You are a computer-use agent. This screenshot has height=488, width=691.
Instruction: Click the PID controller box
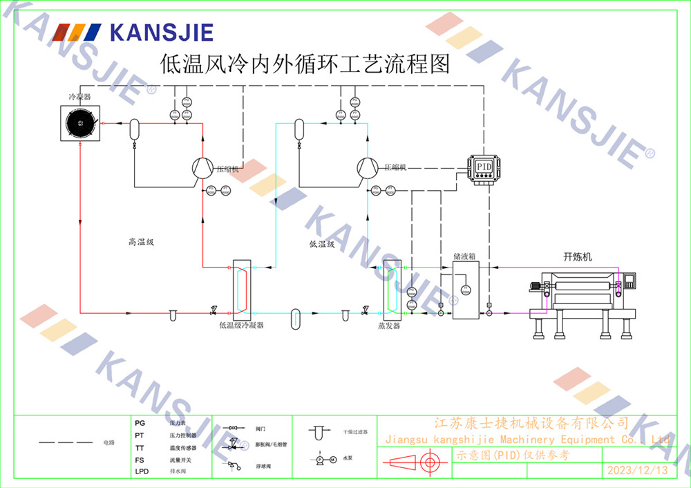pos(483,167)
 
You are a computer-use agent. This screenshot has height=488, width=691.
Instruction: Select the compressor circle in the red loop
pos(202,168)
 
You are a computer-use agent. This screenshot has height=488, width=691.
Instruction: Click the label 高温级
pos(140,242)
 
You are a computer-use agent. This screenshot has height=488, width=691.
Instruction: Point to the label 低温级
pos(322,243)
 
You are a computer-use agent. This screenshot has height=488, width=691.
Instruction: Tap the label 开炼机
pos(578,256)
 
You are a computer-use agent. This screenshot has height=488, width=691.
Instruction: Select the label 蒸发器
pos(389,326)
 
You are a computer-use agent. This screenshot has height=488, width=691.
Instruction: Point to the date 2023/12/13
pos(637,471)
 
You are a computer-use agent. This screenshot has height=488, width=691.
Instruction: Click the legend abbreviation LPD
pos(142,471)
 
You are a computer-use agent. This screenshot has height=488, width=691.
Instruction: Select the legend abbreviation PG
pos(140,422)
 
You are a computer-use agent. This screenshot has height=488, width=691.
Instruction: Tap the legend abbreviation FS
pos(140,459)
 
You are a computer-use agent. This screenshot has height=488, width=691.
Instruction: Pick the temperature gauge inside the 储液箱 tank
pos(465,289)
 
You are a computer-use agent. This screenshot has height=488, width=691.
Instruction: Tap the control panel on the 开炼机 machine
pos(629,280)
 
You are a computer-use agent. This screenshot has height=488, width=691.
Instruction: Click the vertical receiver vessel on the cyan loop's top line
pos(299,129)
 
